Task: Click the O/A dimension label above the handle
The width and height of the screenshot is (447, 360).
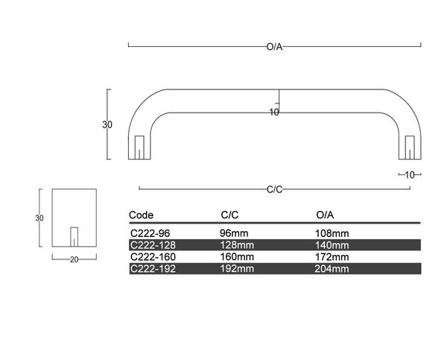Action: tap(274, 47)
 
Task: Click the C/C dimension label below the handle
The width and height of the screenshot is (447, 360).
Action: tap(274, 189)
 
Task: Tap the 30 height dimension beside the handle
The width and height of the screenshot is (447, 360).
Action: tap(107, 124)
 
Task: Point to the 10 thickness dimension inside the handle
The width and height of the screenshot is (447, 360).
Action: tap(274, 113)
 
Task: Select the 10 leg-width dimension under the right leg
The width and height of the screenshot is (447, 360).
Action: tap(410, 175)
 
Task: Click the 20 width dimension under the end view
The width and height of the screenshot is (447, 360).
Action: tap(74, 259)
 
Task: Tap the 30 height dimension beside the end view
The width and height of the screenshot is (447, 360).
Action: tap(39, 218)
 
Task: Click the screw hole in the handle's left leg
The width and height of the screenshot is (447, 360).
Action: tap(139, 147)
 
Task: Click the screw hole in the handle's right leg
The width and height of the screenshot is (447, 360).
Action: tap(410, 147)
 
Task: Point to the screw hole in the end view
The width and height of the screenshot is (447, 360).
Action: tap(74, 237)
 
